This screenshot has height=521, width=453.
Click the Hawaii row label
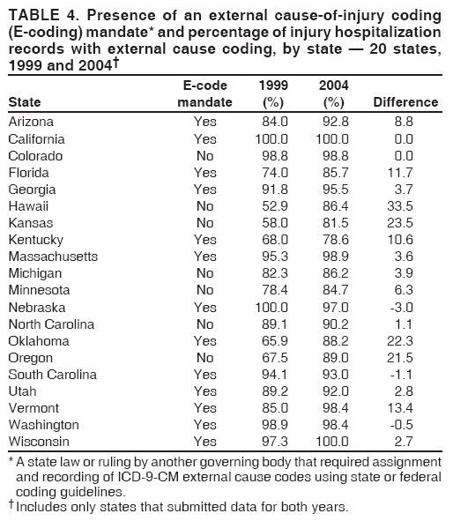point(29,206)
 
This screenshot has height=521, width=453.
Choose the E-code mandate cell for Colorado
point(205,156)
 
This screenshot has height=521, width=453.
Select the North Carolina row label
point(50,324)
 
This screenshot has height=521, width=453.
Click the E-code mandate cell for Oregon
point(205,358)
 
